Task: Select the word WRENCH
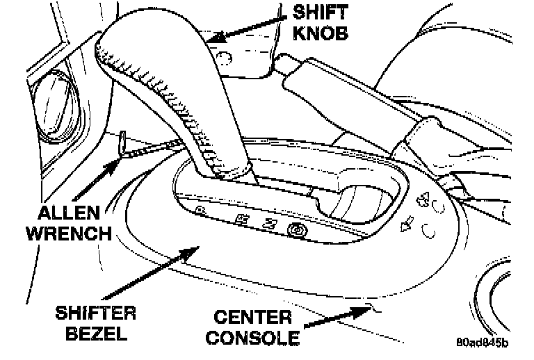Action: (69, 233)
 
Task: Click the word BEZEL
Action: (97, 334)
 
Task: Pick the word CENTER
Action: (253, 318)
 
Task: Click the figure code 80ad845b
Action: (483, 343)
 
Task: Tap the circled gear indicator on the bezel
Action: (298, 229)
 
